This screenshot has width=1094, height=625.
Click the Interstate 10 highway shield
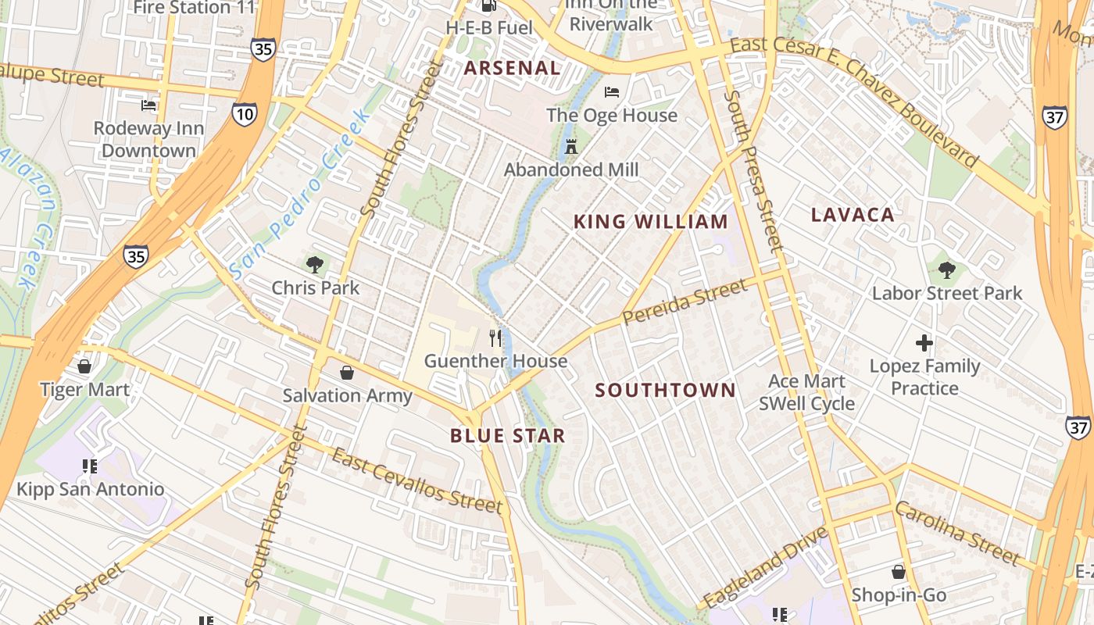243,115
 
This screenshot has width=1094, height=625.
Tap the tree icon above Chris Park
315,265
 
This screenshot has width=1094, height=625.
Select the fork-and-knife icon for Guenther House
495,337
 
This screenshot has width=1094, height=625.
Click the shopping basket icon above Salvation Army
347,373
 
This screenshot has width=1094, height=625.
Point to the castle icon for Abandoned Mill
571,146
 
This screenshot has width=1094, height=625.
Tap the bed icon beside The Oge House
612,92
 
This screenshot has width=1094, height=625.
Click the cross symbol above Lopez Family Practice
924,343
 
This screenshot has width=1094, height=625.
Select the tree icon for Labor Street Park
946,270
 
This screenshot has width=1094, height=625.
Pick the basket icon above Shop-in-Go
899,572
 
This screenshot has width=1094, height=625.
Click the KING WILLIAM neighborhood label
651,222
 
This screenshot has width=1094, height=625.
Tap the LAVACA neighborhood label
853,215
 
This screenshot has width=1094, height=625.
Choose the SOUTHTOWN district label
665,390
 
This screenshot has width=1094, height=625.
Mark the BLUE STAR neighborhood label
507,436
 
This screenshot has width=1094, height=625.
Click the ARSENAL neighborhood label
512,68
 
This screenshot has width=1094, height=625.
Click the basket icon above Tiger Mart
84,366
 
